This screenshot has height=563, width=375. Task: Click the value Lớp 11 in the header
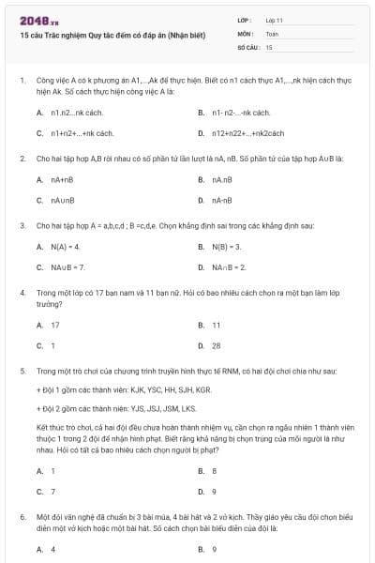(275, 19)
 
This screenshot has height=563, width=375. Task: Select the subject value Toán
(272, 33)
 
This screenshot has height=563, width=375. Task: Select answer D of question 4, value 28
(217, 345)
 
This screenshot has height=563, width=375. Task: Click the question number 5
(22, 372)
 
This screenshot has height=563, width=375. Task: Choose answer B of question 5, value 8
(215, 470)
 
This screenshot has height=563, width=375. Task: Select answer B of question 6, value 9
(215, 549)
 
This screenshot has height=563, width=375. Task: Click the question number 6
(22, 517)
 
